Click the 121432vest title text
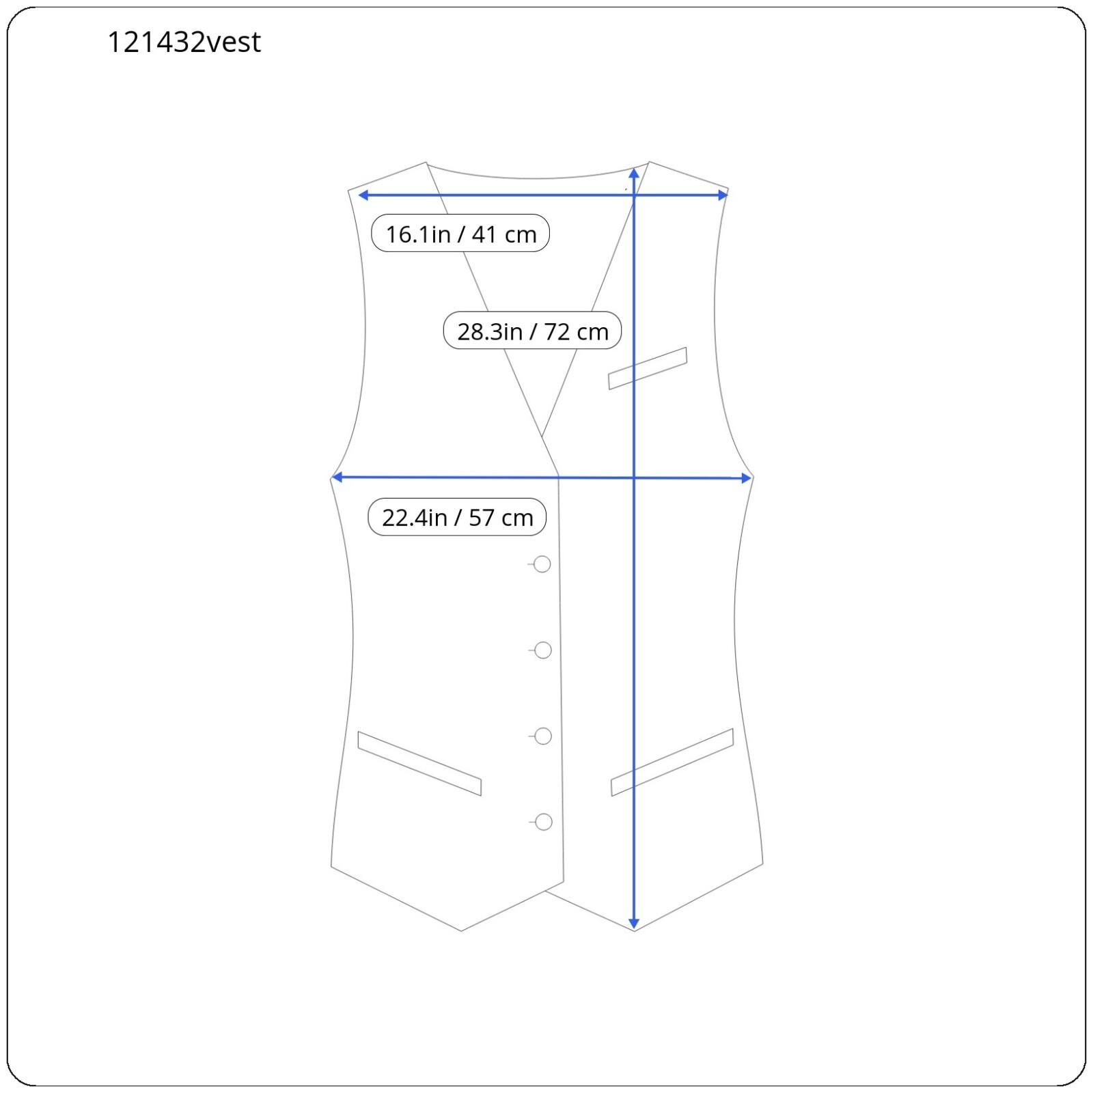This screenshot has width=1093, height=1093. tap(184, 42)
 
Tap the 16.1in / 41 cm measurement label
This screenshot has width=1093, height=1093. tap(460, 234)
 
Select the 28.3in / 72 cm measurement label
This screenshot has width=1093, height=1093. tap(532, 331)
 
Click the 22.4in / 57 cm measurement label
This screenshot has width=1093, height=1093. tap(457, 517)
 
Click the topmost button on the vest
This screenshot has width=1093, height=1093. tap(542, 564)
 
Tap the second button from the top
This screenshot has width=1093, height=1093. tap(543, 650)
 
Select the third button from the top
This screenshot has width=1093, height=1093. tap(543, 736)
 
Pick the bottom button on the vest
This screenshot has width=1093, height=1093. tap(544, 822)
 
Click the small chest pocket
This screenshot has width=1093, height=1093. tap(648, 368)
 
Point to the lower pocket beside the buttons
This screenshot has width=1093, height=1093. tap(419, 764)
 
